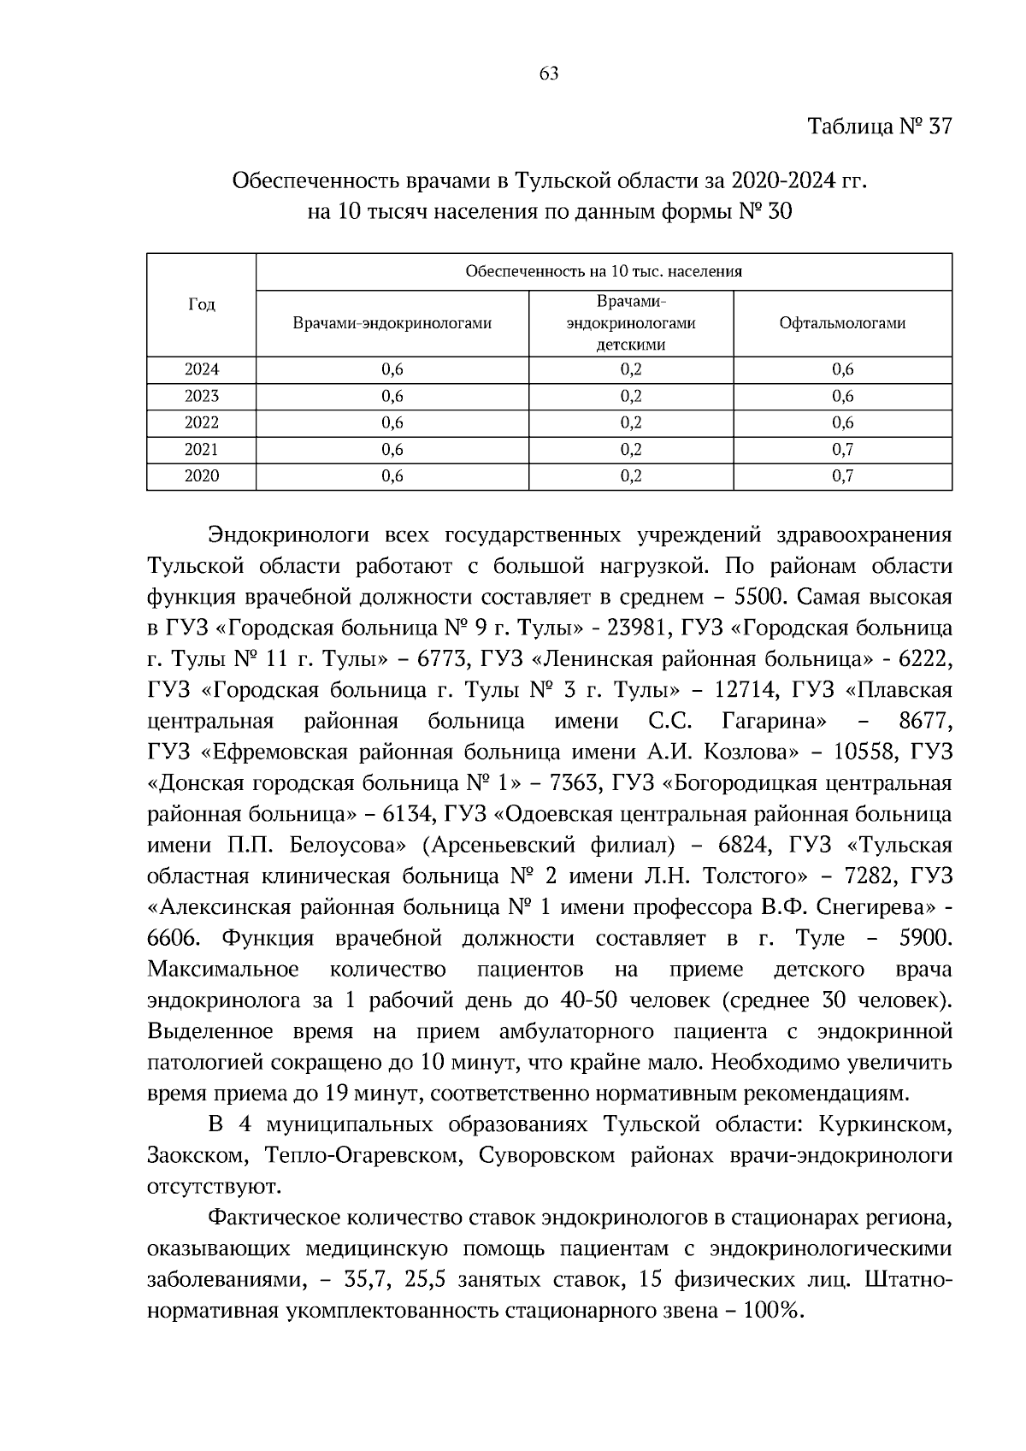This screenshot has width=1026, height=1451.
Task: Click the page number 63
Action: [549, 74]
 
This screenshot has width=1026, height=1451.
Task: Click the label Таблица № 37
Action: [880, 127]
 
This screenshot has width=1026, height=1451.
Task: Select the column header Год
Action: [201, 304]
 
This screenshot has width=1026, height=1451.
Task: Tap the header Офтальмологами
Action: [842, 323]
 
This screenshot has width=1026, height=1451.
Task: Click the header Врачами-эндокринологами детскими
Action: [631, 323]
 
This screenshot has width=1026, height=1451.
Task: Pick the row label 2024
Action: [201, 369]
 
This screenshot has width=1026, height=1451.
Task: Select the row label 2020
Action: [201, 476]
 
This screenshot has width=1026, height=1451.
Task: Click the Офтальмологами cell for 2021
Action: [842, 450]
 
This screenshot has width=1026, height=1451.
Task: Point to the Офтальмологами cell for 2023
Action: [842, 396]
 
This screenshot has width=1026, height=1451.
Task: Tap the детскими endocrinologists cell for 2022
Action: [631, 422]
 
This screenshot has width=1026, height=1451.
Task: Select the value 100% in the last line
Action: [772, 1311]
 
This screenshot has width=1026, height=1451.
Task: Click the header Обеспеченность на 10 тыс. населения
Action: [604, 272]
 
